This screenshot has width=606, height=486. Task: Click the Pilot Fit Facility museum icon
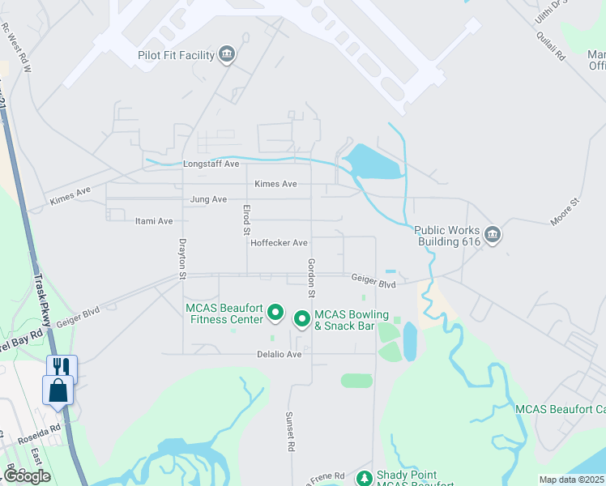[x=227, y=55]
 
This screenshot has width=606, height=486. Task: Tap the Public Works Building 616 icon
[x=492, y=236]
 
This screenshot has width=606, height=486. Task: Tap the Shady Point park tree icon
[x=365, y=479]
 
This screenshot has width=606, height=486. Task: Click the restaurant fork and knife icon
[x=62, y=367]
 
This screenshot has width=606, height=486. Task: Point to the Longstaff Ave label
[x=211, y=164]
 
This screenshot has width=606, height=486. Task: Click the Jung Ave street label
[x=208, y=199]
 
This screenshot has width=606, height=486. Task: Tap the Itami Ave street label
[x=154, y=221]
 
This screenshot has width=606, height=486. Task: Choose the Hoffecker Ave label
[x=279, y=243]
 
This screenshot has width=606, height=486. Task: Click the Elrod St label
[x=246, y=220]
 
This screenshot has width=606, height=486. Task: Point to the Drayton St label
[x=183, y=258]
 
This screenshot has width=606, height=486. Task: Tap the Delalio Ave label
[x=280, y=354]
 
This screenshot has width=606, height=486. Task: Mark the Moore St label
[x=565, y=212]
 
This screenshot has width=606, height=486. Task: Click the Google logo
[x=27, y=475]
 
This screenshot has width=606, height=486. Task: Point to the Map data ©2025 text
[x=571, y=480]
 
